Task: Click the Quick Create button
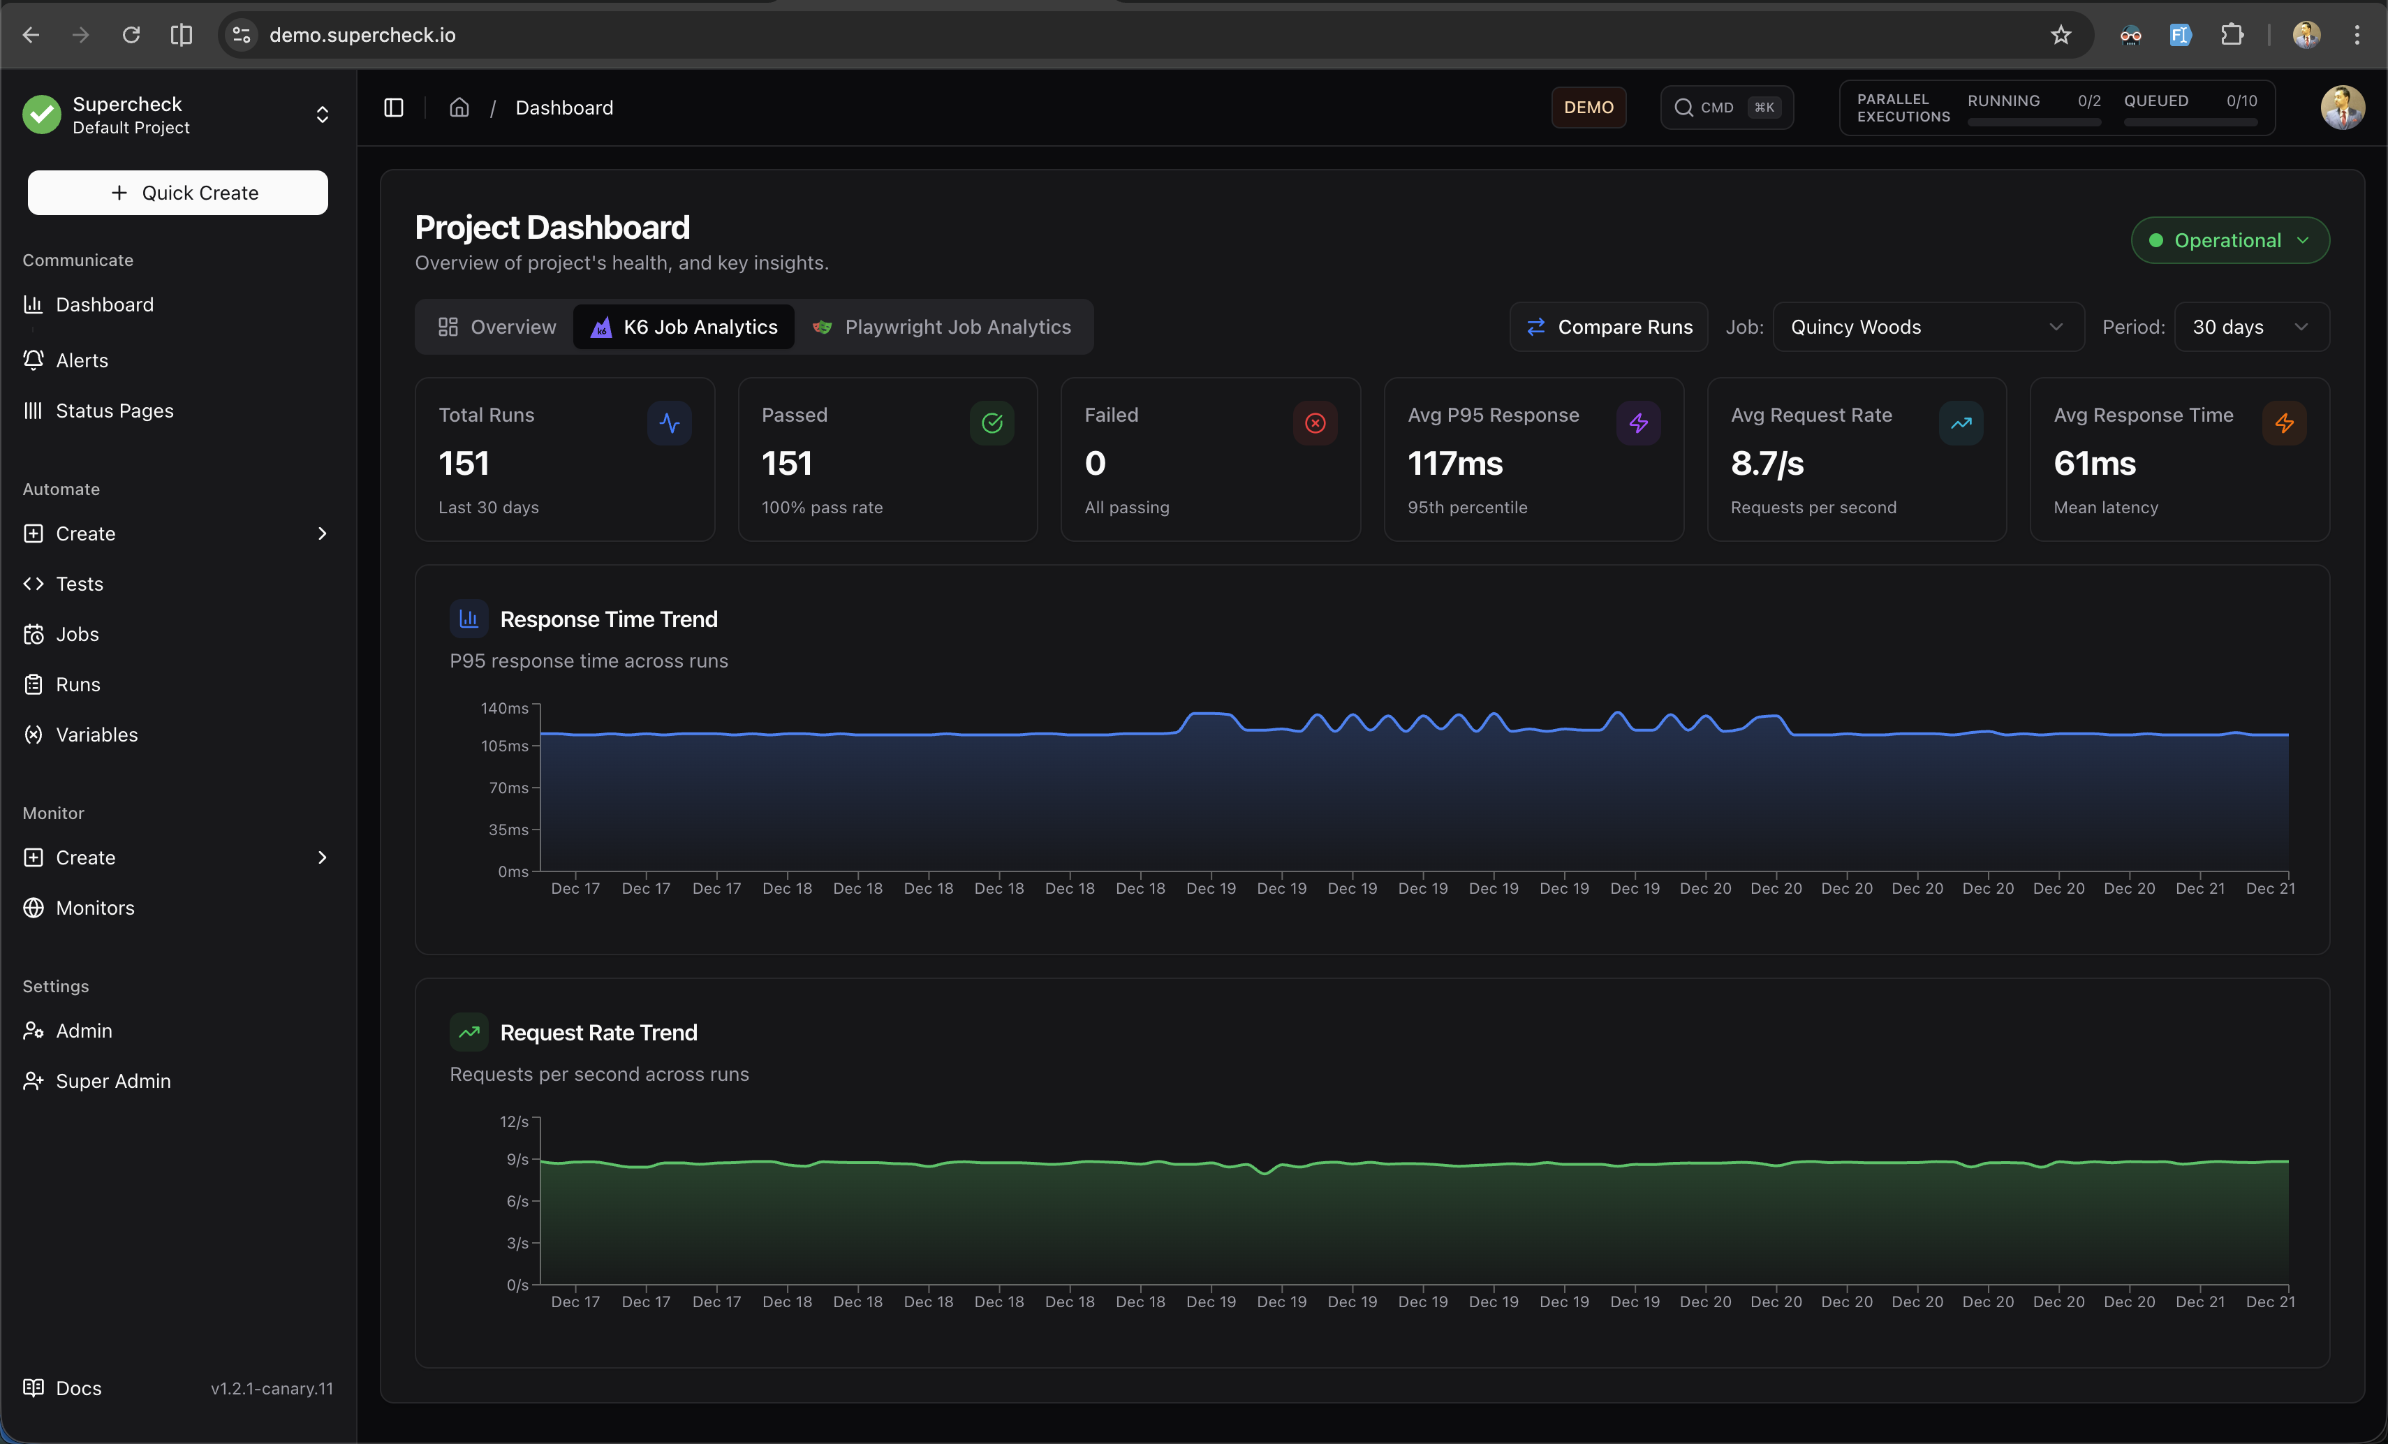tap(177, 193)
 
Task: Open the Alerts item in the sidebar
tap(82, 360)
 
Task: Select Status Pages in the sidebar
tap(113, 411)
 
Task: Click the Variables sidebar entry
tap(96, 735)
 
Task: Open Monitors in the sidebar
tap(94, 908)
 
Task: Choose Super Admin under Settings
tap(112, 1081)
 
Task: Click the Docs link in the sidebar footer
tap(78, 1388)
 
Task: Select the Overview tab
tap(497, 327)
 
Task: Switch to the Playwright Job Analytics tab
tap(942, 327)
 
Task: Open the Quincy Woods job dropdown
tap(1926, 327)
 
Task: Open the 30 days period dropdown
tap(2250, 327)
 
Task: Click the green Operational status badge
tap(2229, 240)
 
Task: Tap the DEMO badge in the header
tap(1589, 108)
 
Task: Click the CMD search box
tap(1726, 108)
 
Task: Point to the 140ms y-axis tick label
tap(505, 709)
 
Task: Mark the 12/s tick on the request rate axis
tap(514, 1121)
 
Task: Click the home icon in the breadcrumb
tap(459, 108)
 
